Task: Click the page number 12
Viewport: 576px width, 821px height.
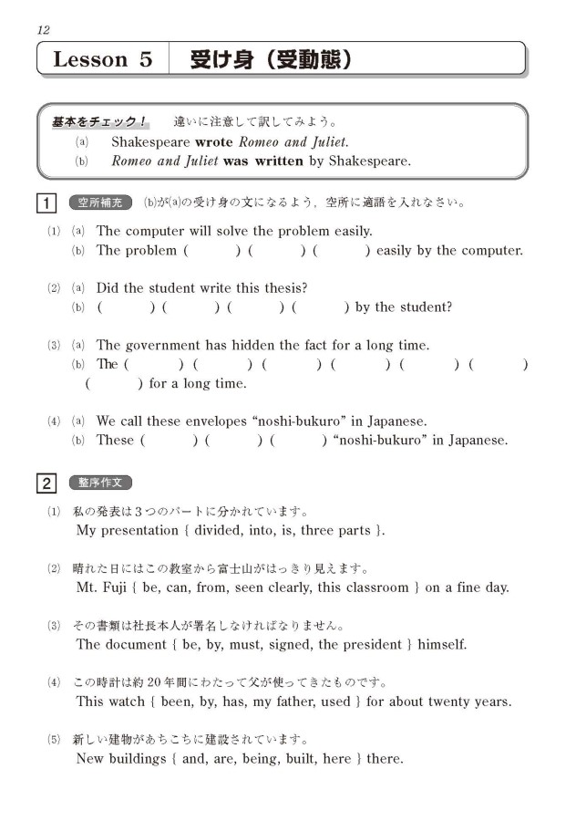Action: point(43,30)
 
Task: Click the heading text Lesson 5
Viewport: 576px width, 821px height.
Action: point(102,60)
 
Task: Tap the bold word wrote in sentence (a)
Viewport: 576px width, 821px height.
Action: point(215,142)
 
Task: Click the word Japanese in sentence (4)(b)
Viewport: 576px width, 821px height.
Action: point(474,441)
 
